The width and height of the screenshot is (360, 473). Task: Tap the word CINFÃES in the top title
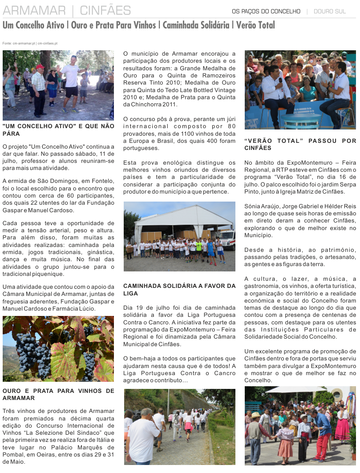(105, 10)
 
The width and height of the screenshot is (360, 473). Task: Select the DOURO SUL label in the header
(330, 11)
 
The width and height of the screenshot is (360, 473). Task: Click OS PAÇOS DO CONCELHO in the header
(266, 11)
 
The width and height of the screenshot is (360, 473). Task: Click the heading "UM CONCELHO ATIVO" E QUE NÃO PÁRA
(58, 129)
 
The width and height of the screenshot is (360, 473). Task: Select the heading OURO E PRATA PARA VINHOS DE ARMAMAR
(58, 394)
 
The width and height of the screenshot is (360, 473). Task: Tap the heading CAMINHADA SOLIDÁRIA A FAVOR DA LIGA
(179, 289)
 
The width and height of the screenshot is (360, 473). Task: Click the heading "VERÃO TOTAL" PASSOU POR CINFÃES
(300, 144)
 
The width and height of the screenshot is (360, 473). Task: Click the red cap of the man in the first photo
(40, 67)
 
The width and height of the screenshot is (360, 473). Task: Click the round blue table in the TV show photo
(302, 118)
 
